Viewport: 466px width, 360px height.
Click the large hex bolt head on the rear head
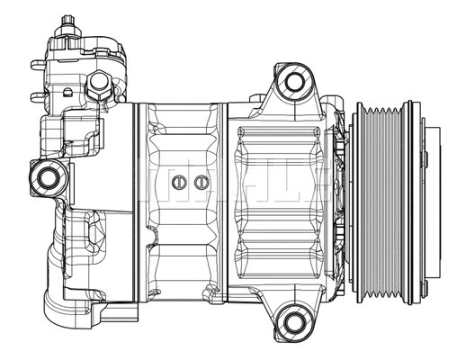(98, 85)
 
